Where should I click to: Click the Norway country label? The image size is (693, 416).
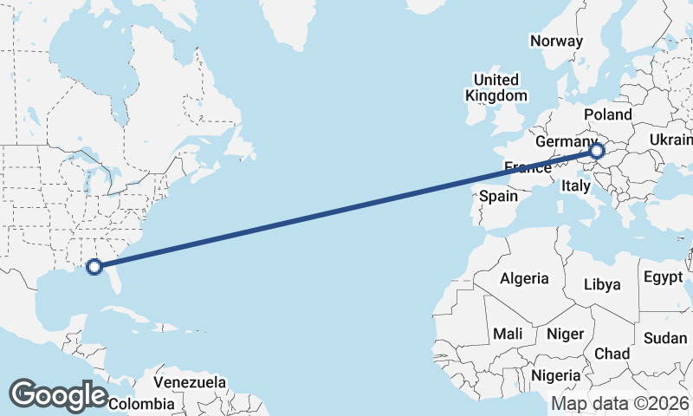click(557, 41)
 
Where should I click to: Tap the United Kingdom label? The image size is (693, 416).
click(495, 87)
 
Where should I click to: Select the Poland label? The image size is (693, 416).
click(608, 114)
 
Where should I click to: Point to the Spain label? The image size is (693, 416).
click(499, 197)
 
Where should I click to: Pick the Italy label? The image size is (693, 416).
click(576, 185)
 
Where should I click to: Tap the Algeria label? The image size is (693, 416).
click(523, 278)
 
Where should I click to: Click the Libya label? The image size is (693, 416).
click(602, 284)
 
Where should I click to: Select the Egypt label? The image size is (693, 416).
click(664, 278)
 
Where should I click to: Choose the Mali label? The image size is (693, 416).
click(508, 334)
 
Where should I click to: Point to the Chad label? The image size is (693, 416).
click(612, 354)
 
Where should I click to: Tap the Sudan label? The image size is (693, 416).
click(665, 338)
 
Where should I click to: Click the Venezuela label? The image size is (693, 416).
click(190, 382)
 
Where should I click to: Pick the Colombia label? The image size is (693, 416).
click(141, 404)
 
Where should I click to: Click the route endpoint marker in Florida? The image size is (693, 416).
click(95, 267)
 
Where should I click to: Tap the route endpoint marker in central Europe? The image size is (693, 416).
click(597, 151)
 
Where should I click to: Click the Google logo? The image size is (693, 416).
click(58, 395)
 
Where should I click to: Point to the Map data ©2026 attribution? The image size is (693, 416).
click(620, 404)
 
